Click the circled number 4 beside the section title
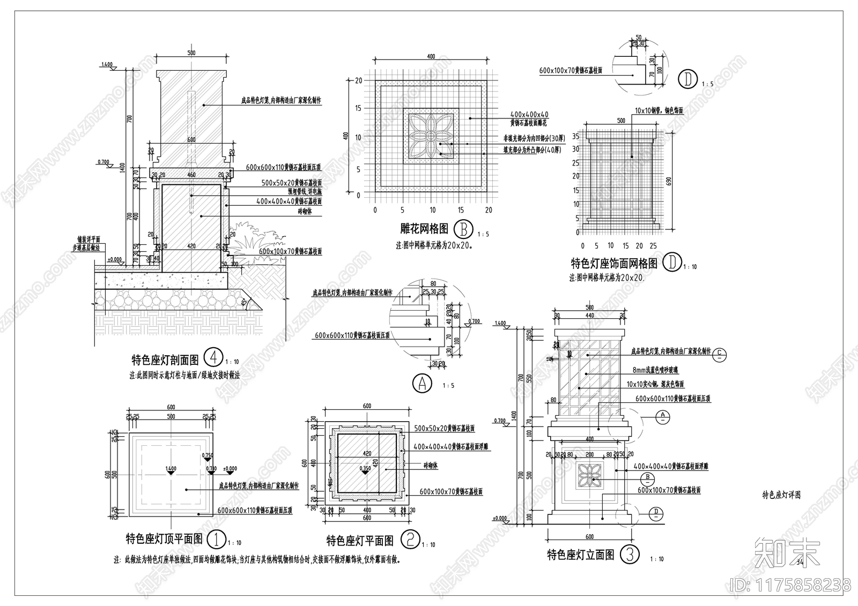(x=214, y=357)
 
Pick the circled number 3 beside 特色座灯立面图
(x=630, y=554)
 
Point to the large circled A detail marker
(x=422, y=383)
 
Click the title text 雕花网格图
(x=424, y=229)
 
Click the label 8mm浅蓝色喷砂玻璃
(x=660, y=370)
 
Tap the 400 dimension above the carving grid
(x=431, y=56)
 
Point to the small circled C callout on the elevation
(x=721, y=353)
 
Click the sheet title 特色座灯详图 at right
(x=781, y=495)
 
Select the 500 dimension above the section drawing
(x=191, y=53)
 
